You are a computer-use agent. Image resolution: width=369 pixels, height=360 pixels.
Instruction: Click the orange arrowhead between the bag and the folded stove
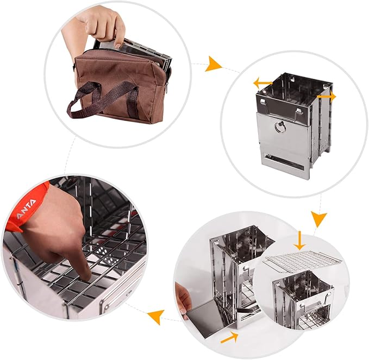[214, 65]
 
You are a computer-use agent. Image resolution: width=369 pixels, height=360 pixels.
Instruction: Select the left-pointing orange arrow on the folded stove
[262, 83]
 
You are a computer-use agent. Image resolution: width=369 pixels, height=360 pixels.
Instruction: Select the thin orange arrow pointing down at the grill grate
[298, 241]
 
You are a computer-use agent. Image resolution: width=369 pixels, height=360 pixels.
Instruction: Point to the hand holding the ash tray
[183, 299]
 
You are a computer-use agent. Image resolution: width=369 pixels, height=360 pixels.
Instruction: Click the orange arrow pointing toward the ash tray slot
[229, 338]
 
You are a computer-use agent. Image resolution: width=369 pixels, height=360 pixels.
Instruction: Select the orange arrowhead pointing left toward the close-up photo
[157, 315]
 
